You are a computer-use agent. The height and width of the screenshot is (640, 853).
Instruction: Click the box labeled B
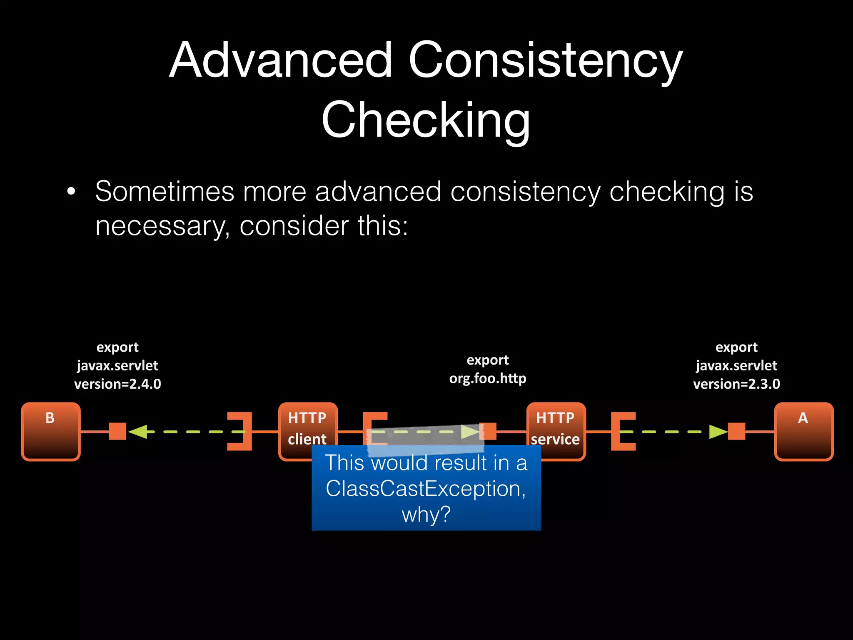click(x=50, y=431)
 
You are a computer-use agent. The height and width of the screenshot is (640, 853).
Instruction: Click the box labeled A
click(x=803, y=431)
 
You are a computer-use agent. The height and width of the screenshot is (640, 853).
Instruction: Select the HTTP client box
click(x=307, y=425)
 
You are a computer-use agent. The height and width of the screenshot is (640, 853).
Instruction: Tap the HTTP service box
click(x=556, y=425)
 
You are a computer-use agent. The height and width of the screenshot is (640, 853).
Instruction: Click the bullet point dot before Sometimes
click(x=71, y=192)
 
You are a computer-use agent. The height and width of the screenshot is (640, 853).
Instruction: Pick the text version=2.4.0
click(x=117, y=384)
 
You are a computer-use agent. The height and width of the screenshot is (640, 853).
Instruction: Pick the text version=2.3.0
click(x=736, y=384)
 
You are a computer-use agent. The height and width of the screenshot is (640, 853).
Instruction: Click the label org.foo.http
click(x=487, y=378)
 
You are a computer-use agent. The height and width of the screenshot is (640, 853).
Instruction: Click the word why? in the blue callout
click(x=426, y=514)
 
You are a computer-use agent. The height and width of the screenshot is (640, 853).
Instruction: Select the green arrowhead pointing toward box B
click(x=138, y=431)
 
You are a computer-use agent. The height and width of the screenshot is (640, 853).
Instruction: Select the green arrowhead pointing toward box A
click(x=718, y=432)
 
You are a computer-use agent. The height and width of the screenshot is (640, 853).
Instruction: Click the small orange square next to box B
click(x=117, y=431)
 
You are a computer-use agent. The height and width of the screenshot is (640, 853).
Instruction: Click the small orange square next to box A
click(x=736, y=431)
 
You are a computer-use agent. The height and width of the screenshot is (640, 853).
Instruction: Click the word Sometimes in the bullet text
click(x=165, y=192)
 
